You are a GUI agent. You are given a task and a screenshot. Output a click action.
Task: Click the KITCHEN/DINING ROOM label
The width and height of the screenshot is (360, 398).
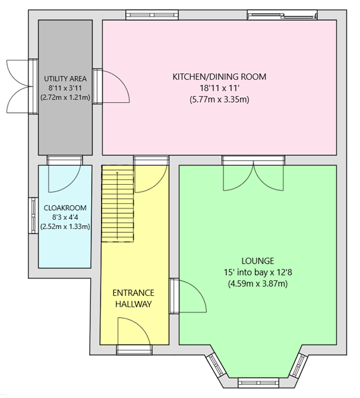coord(219,77)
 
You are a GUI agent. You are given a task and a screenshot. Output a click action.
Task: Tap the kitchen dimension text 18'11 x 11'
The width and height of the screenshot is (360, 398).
coord(219,88)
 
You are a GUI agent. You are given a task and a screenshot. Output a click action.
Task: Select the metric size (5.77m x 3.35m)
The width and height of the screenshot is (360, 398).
coord(219,99)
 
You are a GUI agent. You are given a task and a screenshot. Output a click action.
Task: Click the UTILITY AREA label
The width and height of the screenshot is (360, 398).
coord(65,78)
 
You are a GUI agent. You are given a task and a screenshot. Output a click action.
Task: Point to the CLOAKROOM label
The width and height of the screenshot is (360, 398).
coord(65,208)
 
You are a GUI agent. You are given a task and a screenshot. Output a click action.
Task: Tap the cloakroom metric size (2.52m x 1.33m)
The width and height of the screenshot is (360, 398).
coord(65,226)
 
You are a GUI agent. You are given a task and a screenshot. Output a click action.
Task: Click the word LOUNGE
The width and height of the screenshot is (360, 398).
coord(257,261)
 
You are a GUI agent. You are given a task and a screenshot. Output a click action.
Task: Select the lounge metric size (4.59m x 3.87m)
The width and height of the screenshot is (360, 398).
coord(257,283)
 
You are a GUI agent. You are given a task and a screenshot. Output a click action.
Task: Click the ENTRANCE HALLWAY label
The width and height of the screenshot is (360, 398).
coord(133,298)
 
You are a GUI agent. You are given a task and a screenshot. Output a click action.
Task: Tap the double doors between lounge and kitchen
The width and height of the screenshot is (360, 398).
coord(254,172)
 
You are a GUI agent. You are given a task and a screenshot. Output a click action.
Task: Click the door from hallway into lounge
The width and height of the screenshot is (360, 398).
coord(189,295)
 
